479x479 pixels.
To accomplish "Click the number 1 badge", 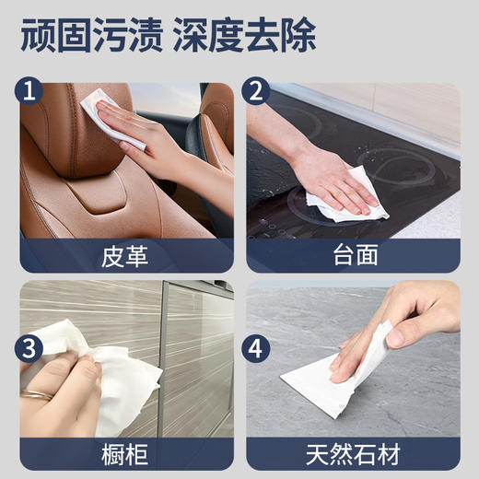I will coord(32,92).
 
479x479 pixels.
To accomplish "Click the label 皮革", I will coord(125,254).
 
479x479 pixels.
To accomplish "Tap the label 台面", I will coord(352,254).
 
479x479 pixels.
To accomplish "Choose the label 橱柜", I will coord(125,454).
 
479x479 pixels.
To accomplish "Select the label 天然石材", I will coord(352,454).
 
